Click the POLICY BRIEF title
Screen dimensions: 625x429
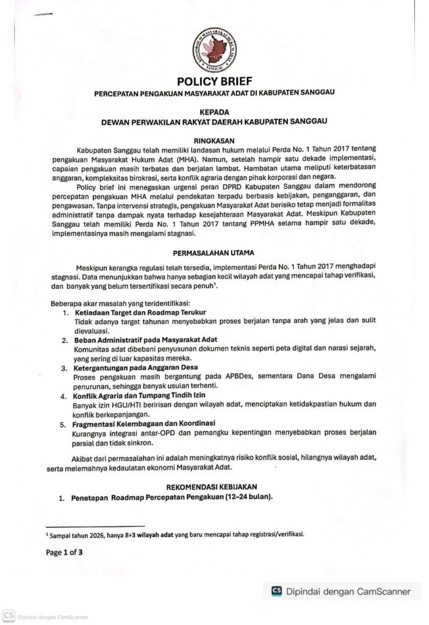tap(214, 82)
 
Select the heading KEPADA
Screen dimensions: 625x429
tap(214, 112)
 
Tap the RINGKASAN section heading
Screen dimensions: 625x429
tap(214, 139)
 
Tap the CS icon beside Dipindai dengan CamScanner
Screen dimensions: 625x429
tap(276, 590)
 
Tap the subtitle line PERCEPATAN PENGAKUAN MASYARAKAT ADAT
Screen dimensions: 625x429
tap(214, 93)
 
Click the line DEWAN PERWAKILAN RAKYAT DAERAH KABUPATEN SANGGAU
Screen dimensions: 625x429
tap(214, 122)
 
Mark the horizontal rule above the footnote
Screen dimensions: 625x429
tap(95, 525)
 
